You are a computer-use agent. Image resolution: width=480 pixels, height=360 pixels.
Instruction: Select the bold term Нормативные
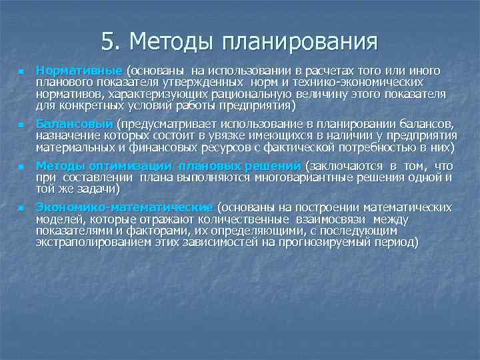pos(79,71)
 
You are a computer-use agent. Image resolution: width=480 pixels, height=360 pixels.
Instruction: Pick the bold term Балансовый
pos(75,124)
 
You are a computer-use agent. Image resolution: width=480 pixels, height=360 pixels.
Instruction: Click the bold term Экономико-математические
pos(124,207)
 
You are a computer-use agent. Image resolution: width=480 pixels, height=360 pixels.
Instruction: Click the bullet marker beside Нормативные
pos(21,71)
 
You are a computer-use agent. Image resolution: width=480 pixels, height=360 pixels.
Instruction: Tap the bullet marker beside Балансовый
pos(21,125)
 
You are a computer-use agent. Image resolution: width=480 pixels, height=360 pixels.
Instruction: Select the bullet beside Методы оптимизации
pos(21,167)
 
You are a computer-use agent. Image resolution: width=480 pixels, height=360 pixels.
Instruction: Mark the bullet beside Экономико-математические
pos(21,208)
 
